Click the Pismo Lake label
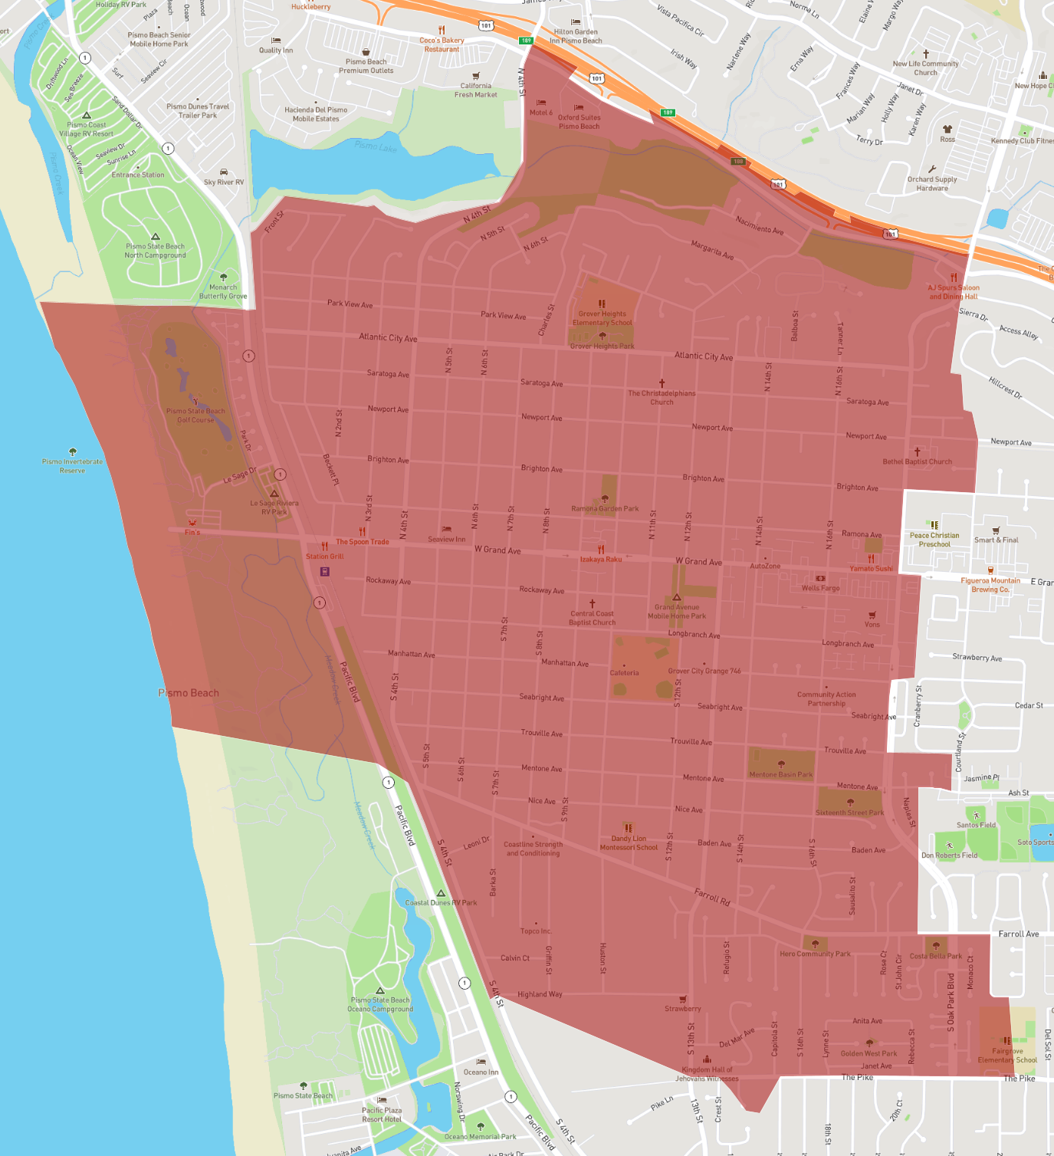(376, 146)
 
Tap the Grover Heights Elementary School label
(602, 318)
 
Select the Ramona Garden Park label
(605, 508)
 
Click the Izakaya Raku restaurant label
(601, 559)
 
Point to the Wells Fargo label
(820, 588)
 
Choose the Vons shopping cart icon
(872, 615)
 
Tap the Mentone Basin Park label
(780, 774)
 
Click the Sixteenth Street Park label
(849, 813)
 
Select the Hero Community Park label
(815, 954)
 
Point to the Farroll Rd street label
(712, 897)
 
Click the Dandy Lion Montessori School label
(629, 843)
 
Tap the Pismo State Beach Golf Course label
(195, 415)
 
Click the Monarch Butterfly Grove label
(223, 291)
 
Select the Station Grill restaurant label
(325, 557)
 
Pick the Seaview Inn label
(447, 539)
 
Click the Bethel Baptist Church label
(917, 461)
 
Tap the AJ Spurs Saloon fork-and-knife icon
(954, 278)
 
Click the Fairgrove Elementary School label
(1007, 1056)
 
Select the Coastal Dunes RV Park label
(441, 902)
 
